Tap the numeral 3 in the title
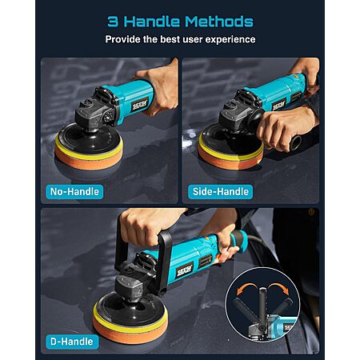[113, 22]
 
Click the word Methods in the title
[219, 22]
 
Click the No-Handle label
[74, 191]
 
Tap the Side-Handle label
[220, 191]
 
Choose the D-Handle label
[72, 342]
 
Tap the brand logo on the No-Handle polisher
[139, 105]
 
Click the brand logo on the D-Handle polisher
[184, 270]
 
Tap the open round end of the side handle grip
[296, 142]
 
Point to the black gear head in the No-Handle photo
[96, 110]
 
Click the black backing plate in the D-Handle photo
[130, 310]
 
